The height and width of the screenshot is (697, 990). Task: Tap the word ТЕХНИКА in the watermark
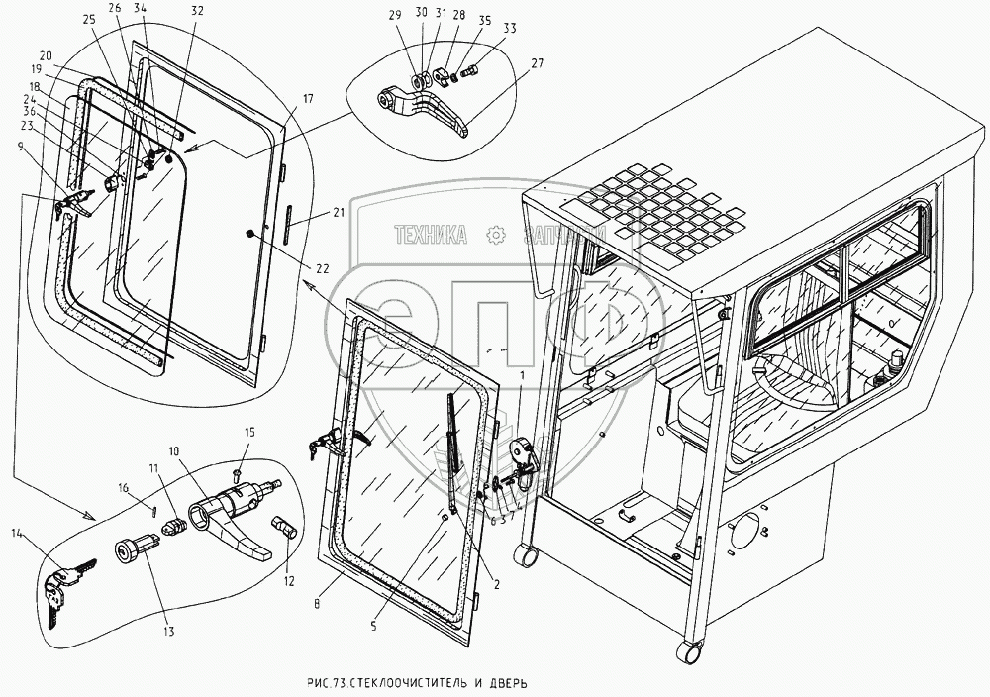[431, 235]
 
